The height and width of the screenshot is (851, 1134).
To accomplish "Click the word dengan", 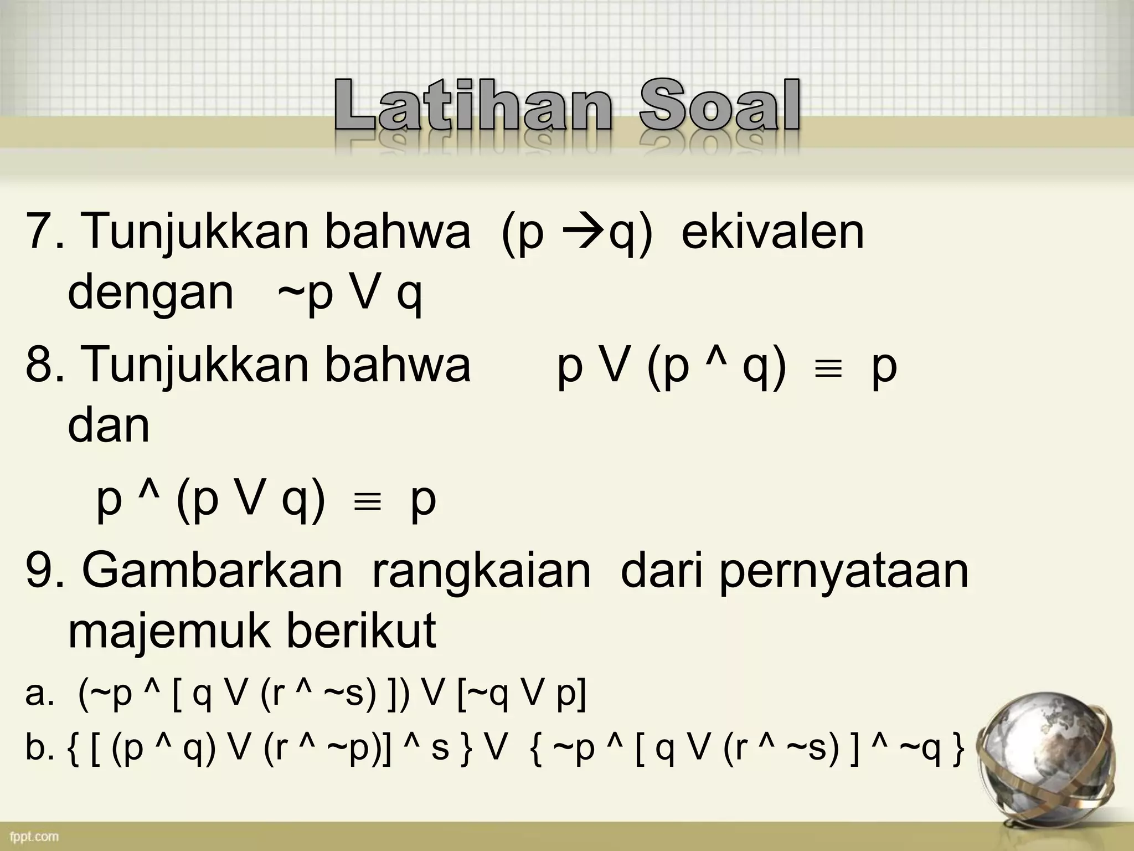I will (x=151, y=294).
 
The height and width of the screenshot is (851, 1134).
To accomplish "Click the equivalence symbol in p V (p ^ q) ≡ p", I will (x=829, y=369).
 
